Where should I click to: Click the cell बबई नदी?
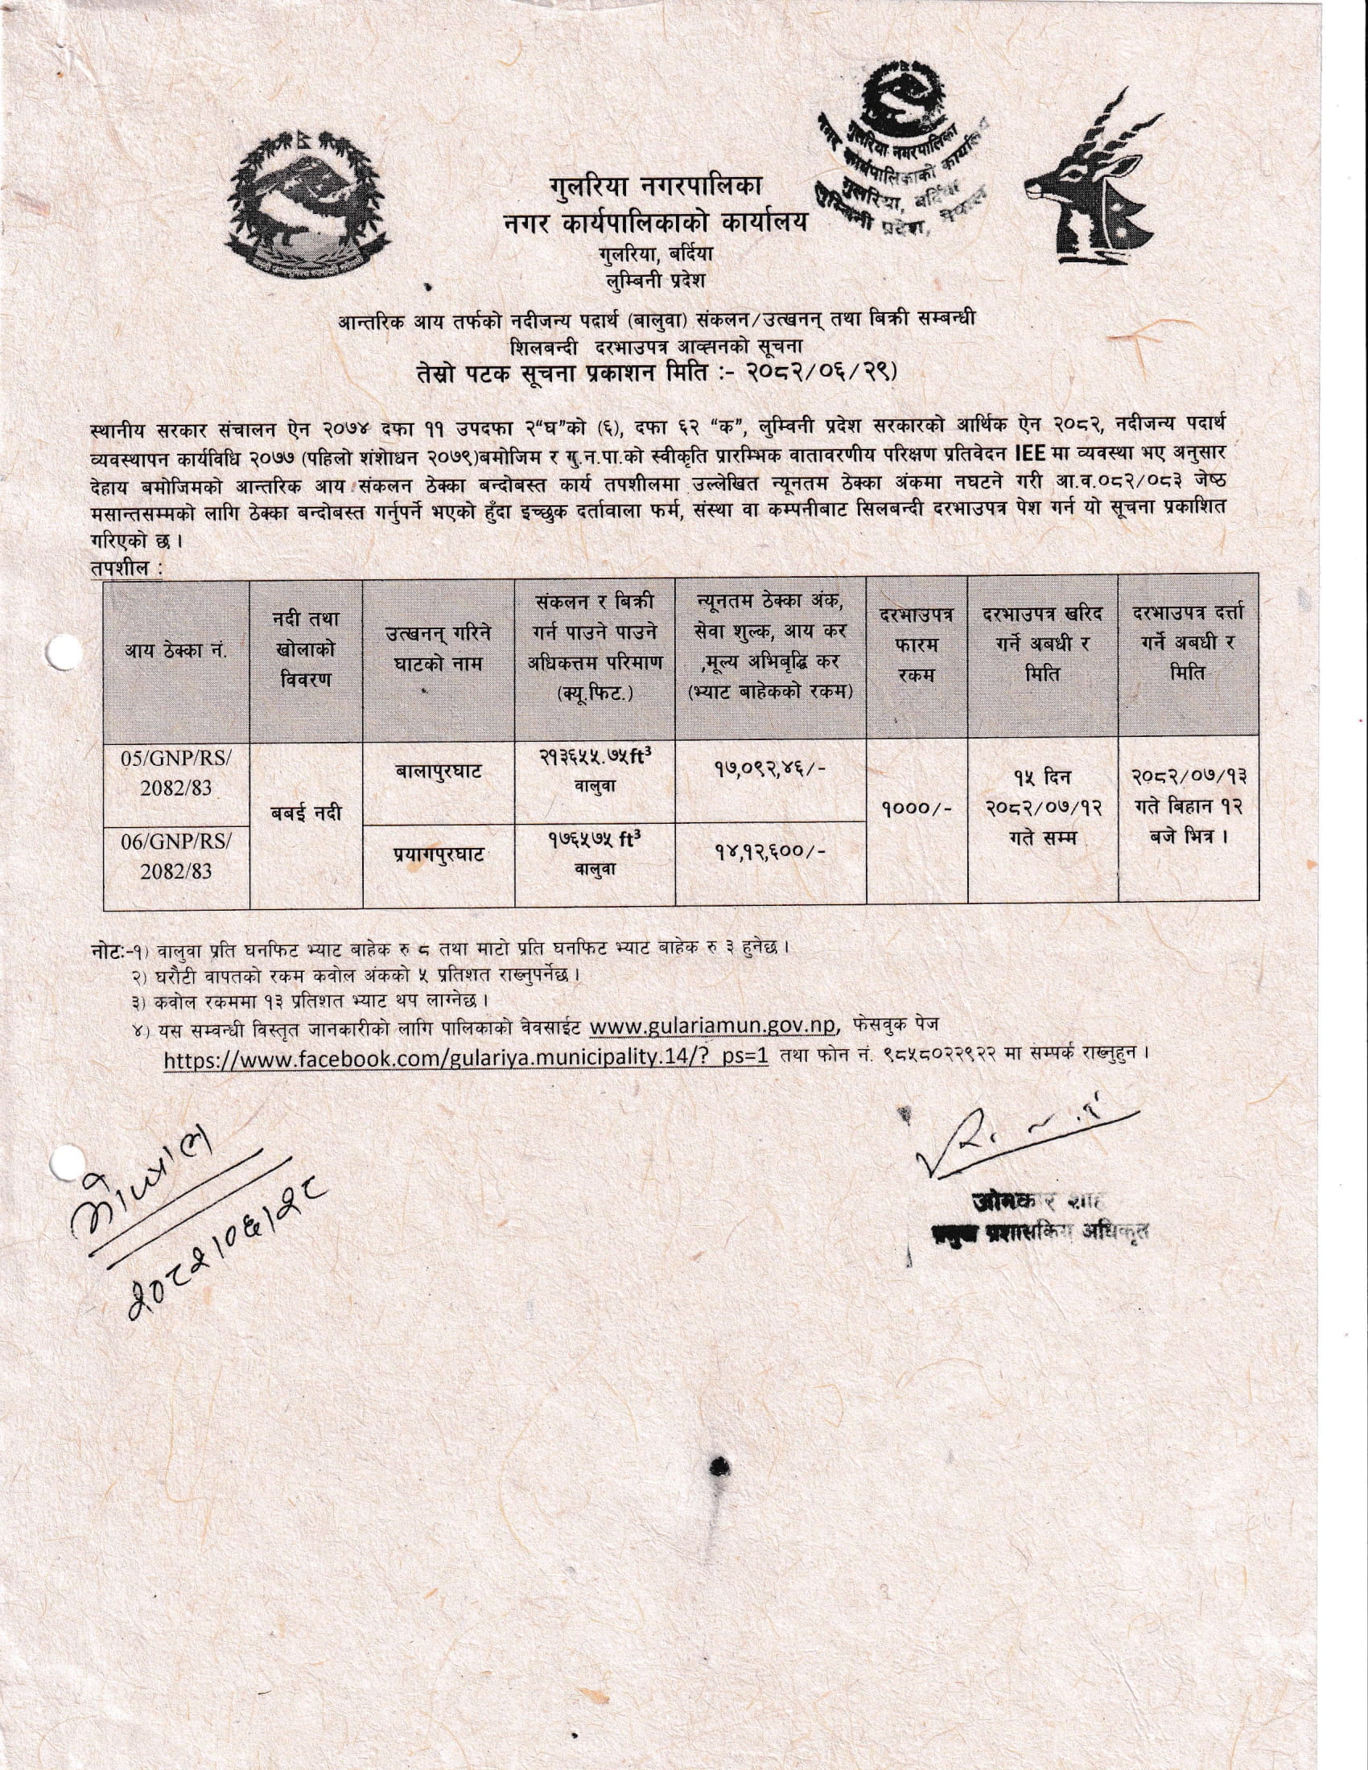[306, 813]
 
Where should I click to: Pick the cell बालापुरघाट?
[439, 772]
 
